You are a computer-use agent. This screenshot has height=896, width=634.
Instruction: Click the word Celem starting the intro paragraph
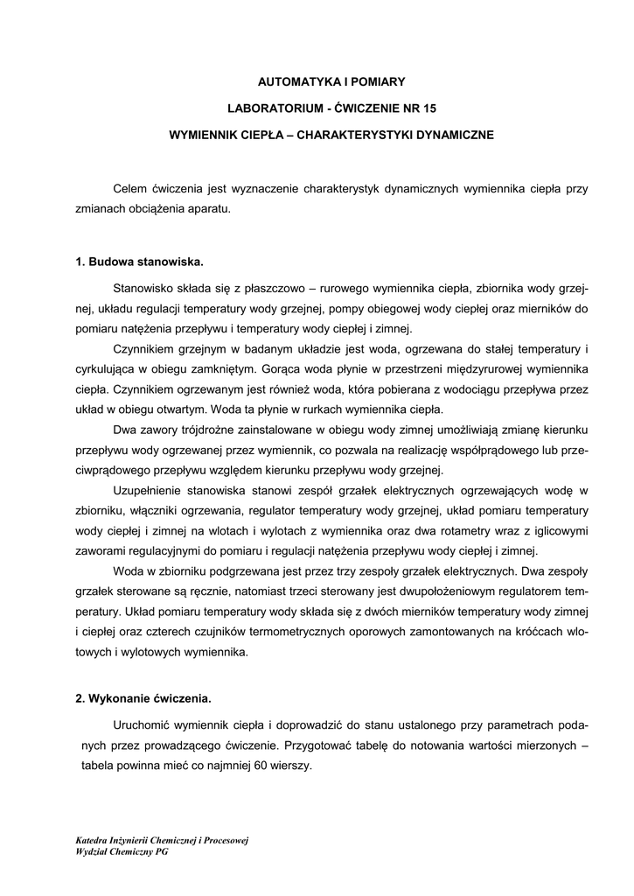130,190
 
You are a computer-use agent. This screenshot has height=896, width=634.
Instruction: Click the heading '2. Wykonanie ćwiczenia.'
143,699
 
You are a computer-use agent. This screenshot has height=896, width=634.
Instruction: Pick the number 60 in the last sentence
263,764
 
